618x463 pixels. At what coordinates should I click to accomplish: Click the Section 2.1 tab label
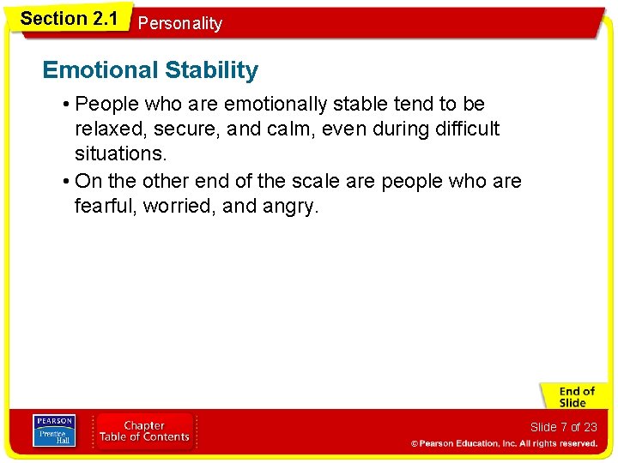point(69,18)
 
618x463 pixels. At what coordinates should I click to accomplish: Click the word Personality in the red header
point(179,24)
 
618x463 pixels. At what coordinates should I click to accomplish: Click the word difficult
point(469,129)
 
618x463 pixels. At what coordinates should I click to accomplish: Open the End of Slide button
point(574,397)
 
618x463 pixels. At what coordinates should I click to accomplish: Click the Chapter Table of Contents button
point(144,431)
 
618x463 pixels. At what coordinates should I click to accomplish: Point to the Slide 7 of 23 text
point(563,427)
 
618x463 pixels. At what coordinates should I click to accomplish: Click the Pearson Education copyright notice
point(504,443)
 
